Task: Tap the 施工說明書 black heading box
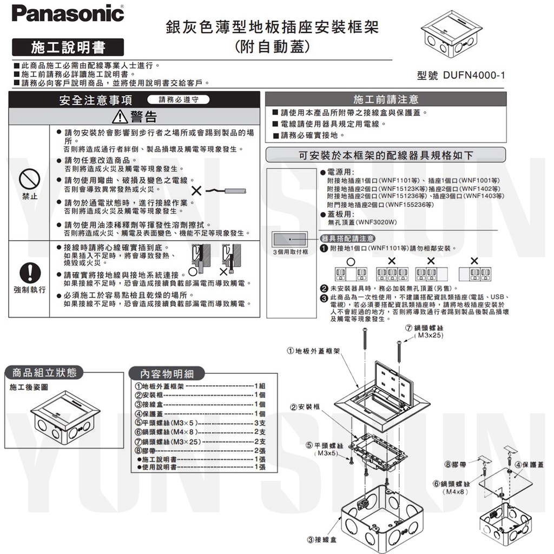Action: point(68,48)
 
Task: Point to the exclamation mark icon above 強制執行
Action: point(30,271)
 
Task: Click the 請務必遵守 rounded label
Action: point(178,100)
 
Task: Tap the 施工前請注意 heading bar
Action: point(386,100)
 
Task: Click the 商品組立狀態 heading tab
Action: point(48,372)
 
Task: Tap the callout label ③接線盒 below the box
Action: point(322,539)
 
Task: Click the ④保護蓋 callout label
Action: point(530,464)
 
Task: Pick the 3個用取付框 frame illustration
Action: point(291,239)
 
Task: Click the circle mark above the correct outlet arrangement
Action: point(350,261)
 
